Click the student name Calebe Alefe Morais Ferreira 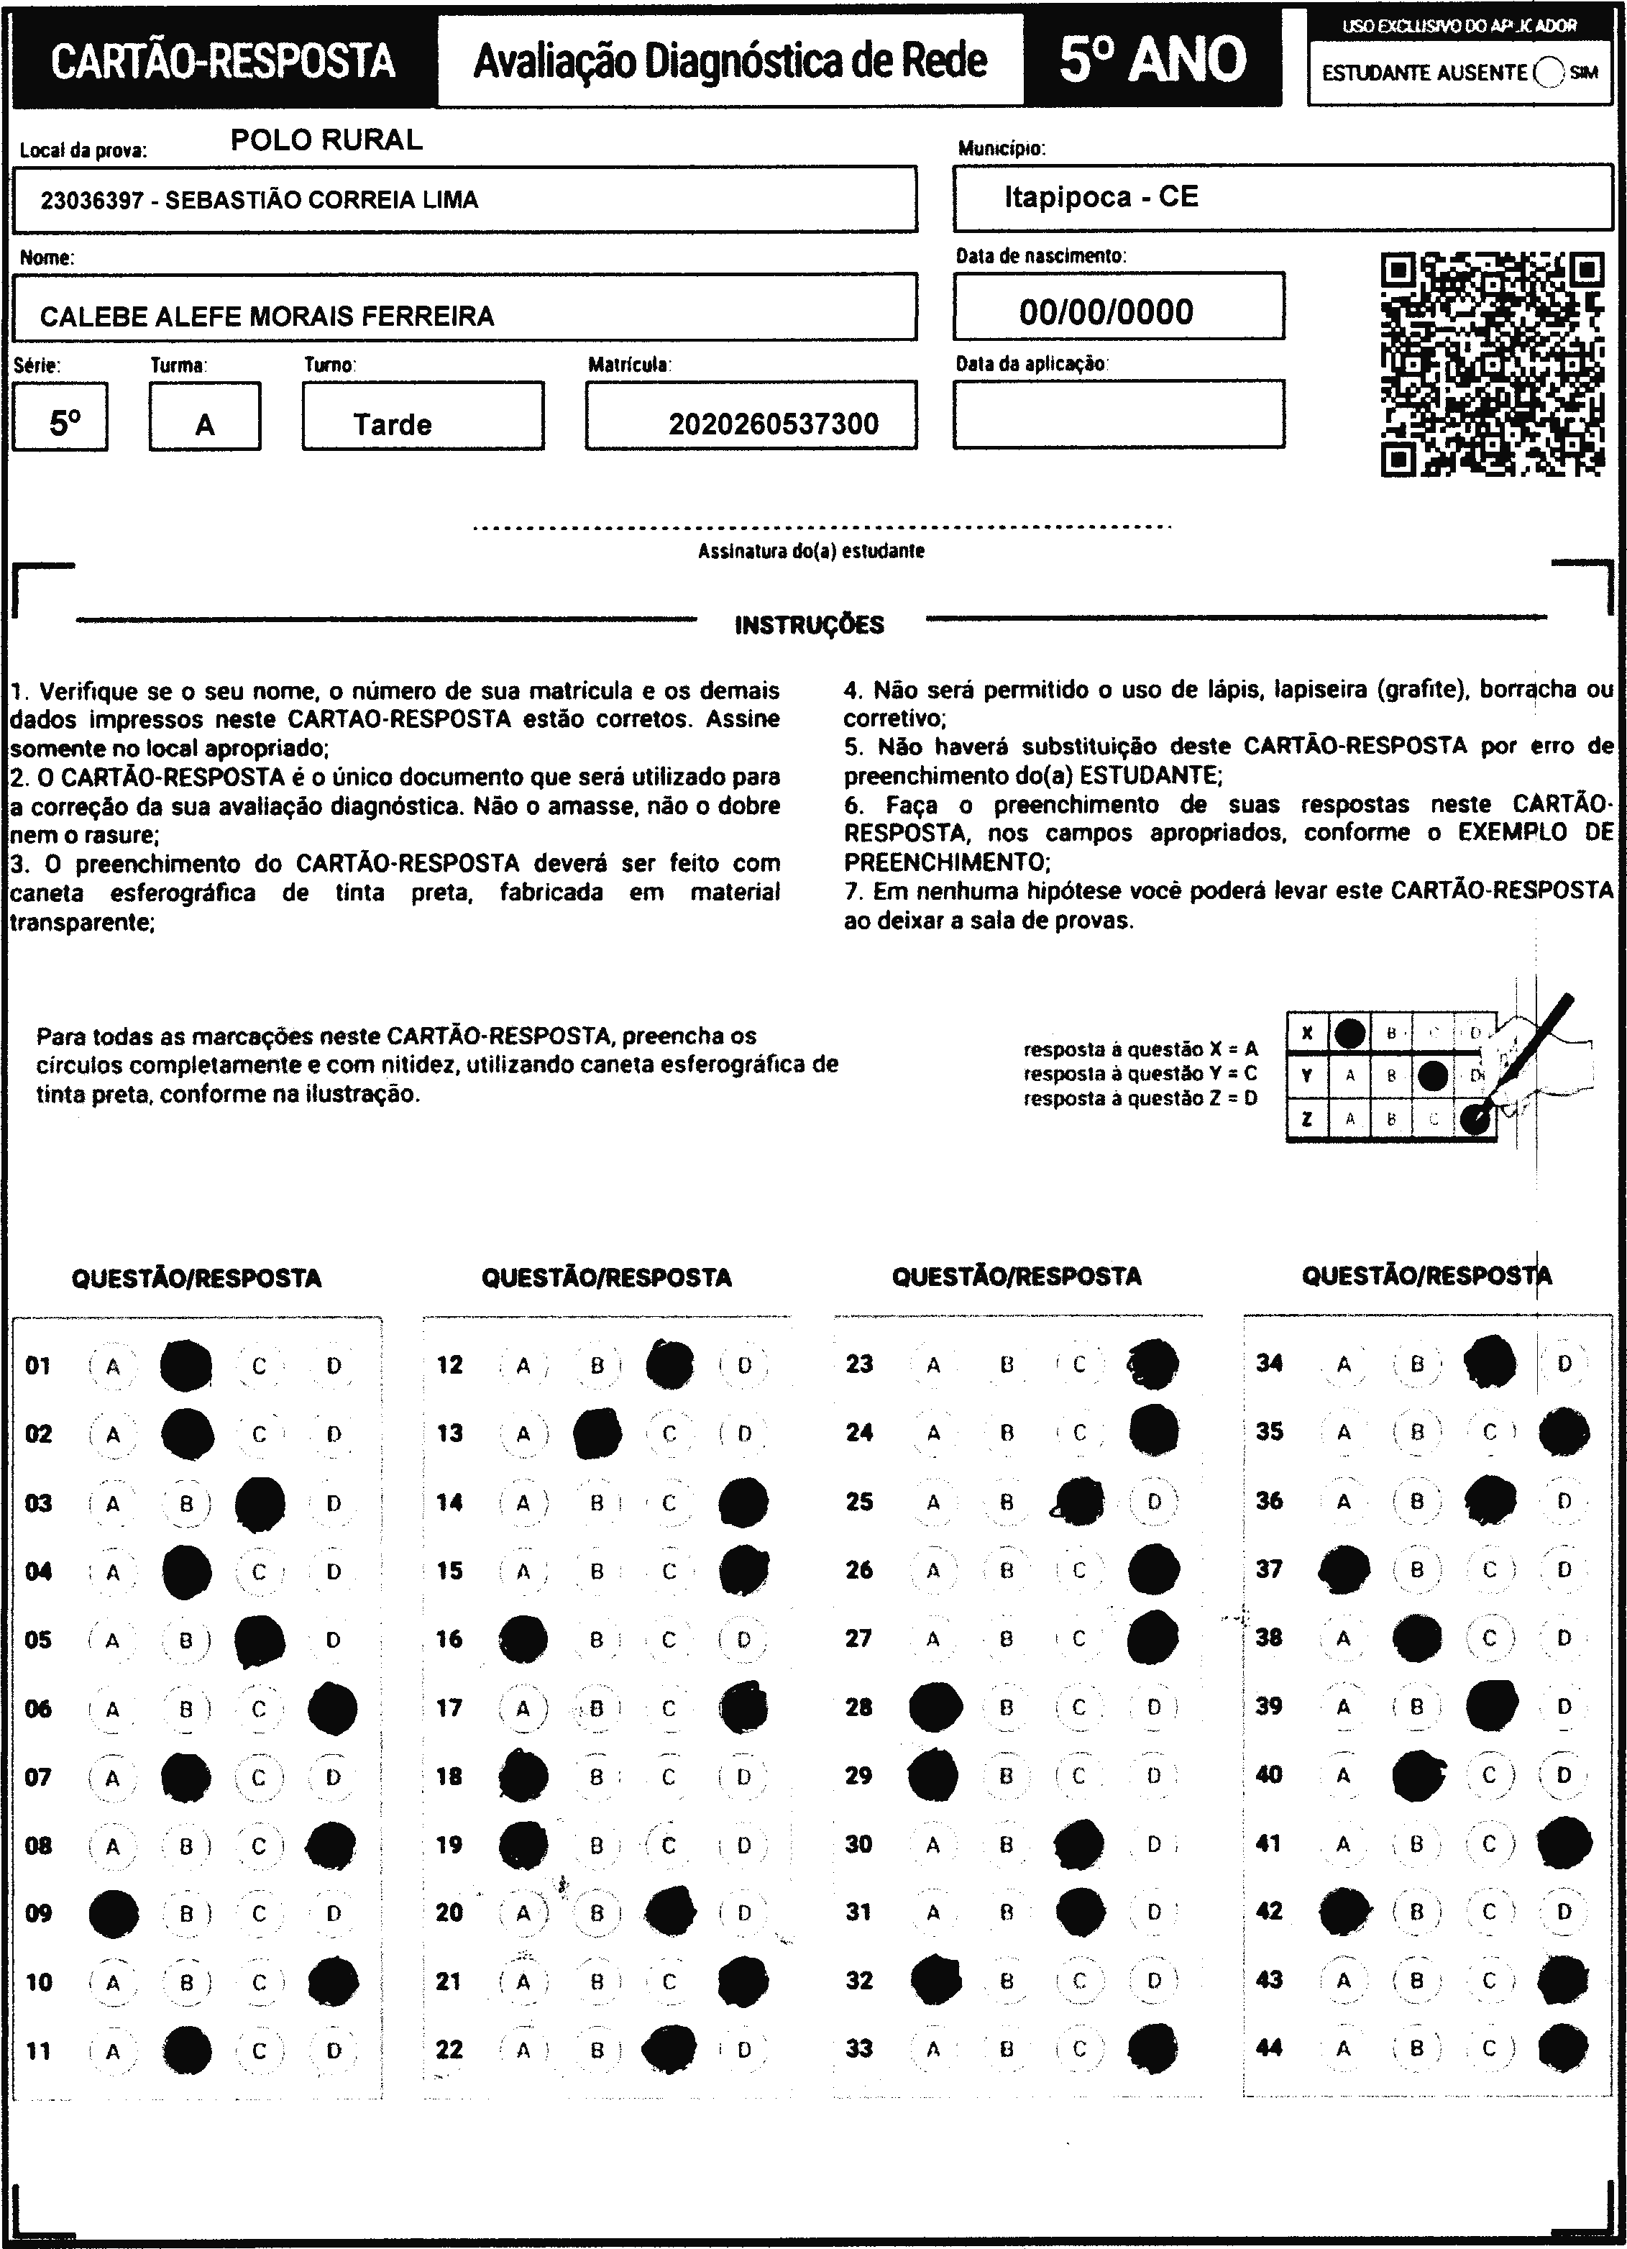267,316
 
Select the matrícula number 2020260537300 774,424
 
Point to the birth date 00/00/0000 1106,312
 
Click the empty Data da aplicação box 1119,414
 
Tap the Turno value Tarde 393,424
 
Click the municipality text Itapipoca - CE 1101,197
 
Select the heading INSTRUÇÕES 809,625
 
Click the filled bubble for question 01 185,1366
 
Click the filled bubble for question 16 523,1639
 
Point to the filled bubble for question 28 934,1707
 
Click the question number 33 858,2048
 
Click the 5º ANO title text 1152,60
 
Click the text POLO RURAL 326,140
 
